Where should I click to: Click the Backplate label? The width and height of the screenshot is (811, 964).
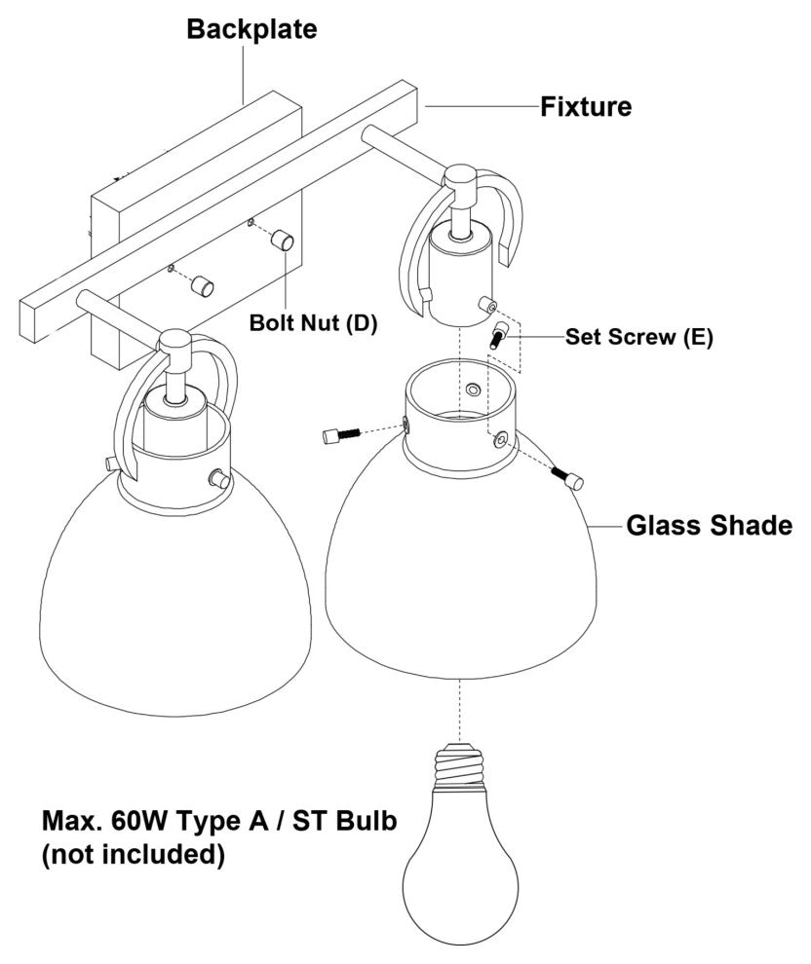(251, 29)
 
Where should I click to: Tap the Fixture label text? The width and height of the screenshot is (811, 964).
(586, 105)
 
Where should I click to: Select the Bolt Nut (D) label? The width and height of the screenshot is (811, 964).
(313, 322)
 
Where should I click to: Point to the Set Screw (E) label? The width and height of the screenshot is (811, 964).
(639, 338)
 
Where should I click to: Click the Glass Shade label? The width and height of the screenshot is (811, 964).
(709, 527)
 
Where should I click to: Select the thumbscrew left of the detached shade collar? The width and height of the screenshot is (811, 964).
(341, 434)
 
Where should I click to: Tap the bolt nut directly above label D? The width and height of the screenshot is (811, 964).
(284, 239)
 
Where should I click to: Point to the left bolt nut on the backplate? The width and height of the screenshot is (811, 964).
(202, 284)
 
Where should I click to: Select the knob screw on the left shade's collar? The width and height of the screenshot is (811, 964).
(220, 480)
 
